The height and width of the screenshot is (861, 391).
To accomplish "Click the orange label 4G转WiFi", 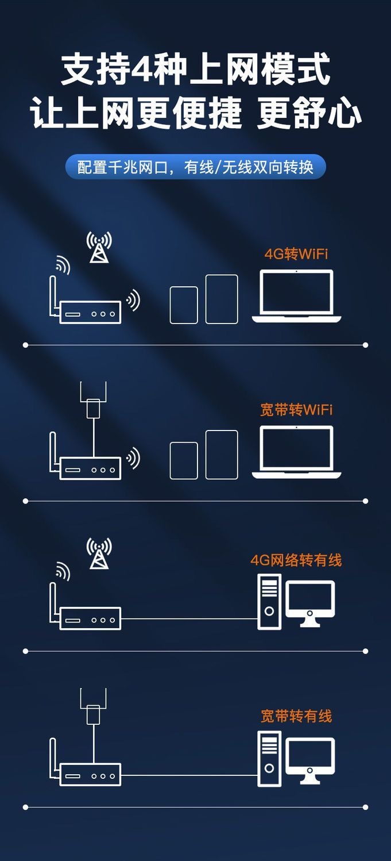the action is click(296, 253).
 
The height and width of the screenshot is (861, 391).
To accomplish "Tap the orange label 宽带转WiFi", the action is click(296, 410).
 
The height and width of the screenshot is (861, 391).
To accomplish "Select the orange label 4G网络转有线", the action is click(296, 560).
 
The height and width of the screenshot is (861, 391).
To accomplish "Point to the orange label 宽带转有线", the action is click(296, 716).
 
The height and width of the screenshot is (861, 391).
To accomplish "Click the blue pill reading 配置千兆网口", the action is click(195, 167).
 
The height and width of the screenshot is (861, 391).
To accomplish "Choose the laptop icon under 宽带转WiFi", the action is click(296, 452).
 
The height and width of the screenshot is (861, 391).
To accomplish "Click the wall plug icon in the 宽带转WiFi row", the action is click(93, 405).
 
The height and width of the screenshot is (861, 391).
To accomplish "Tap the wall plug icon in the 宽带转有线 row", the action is click(93, 711).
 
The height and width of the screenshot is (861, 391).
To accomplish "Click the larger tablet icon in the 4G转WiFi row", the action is click(222, 299).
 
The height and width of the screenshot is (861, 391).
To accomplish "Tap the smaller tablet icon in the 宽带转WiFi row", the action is click(184, 460).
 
